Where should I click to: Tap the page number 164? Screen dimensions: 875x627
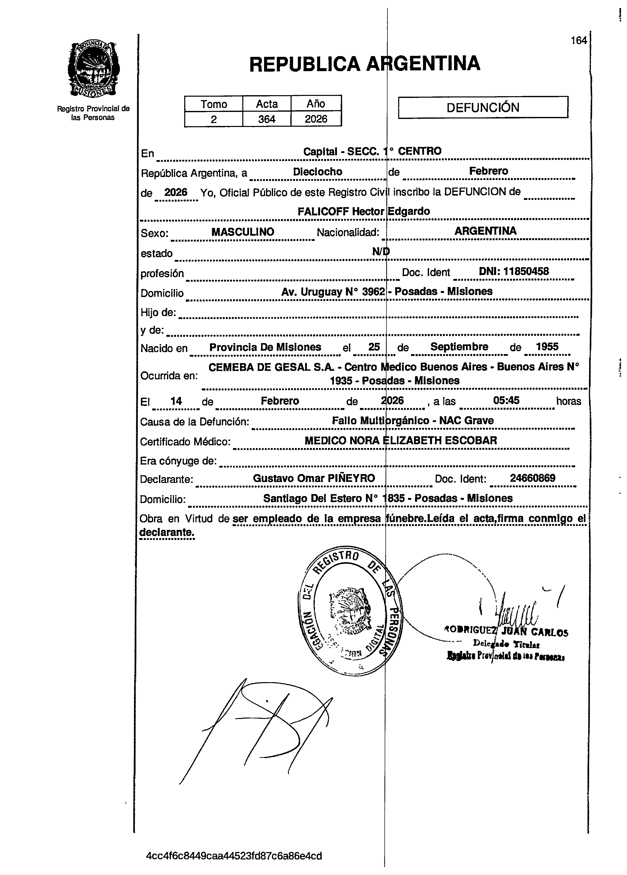(x=578, y=41)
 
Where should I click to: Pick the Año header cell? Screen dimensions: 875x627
(x=316, y=104)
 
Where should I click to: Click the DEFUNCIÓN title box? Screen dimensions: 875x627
(x=483, y=107)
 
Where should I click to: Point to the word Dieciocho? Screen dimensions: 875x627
(x=317, y=172)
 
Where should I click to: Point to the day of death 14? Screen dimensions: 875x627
(x=176, y=401)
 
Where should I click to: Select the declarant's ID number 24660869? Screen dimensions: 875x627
(x=533, y=478)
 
